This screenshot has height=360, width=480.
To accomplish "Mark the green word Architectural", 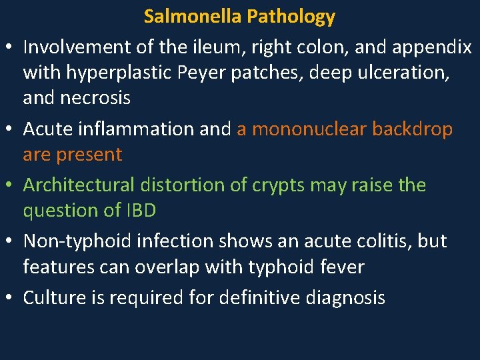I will click(78, 185).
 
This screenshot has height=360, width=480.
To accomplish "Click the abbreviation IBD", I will click(140, 211).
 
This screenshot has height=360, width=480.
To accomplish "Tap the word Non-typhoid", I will click(73, 241).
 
